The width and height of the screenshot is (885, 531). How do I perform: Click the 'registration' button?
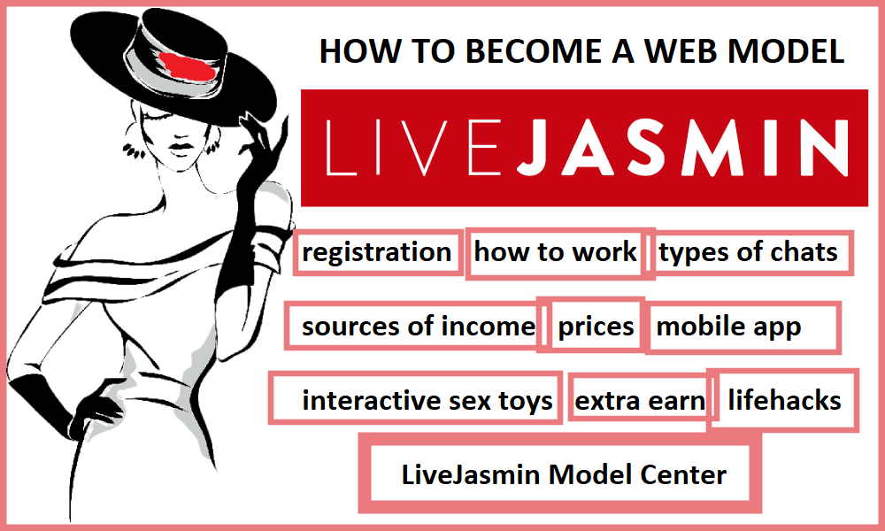tap(378, 252)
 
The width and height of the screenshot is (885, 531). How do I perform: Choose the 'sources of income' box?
tap(415, 327)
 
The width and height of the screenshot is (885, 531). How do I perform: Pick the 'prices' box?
tap(590, 326)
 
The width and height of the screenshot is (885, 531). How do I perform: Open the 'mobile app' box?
tap(743, 327)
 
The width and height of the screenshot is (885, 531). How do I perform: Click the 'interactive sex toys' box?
tap(415, 398)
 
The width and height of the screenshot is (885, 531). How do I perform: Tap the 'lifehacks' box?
tap(783, 400)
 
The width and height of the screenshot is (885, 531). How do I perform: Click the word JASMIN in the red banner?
tap(682, 147)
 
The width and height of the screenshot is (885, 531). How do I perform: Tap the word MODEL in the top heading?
tap(786, 50)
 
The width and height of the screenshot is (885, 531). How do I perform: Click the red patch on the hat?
tap(188, 66)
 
